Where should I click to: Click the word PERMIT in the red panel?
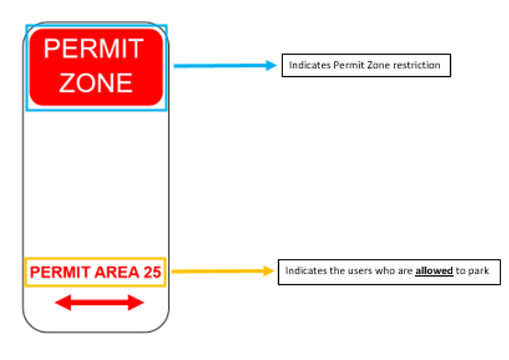pyautogui.click(x=93, y=49)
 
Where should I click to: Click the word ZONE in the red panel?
pyautogui.click(x=96, y=82)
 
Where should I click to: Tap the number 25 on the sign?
pyautogui.click(x=152, y=272)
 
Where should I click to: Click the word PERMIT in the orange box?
pyautogui.click(x=60, y=272)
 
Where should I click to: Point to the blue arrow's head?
pyautogui.click(x=271, y=65)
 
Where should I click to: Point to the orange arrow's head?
pyautogui.click(x=269, y=271)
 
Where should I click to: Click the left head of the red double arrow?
pyautogui.click(x=63, y=303)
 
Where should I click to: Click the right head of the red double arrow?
pyautogui.click(x=136, y=303)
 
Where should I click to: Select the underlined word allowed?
pyautogui.click(x=434, y=270)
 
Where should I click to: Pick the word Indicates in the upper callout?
pyautogui.click(x=310, y=65)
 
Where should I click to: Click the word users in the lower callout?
pyautogui.click(x=358, y=270)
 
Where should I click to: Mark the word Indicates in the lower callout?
pyautogui.click(x=306, y=270)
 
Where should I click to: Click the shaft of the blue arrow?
pyautogui.click(x=220, y=66)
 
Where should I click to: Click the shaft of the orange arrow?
pyautogui.click(x=217, y=271)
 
